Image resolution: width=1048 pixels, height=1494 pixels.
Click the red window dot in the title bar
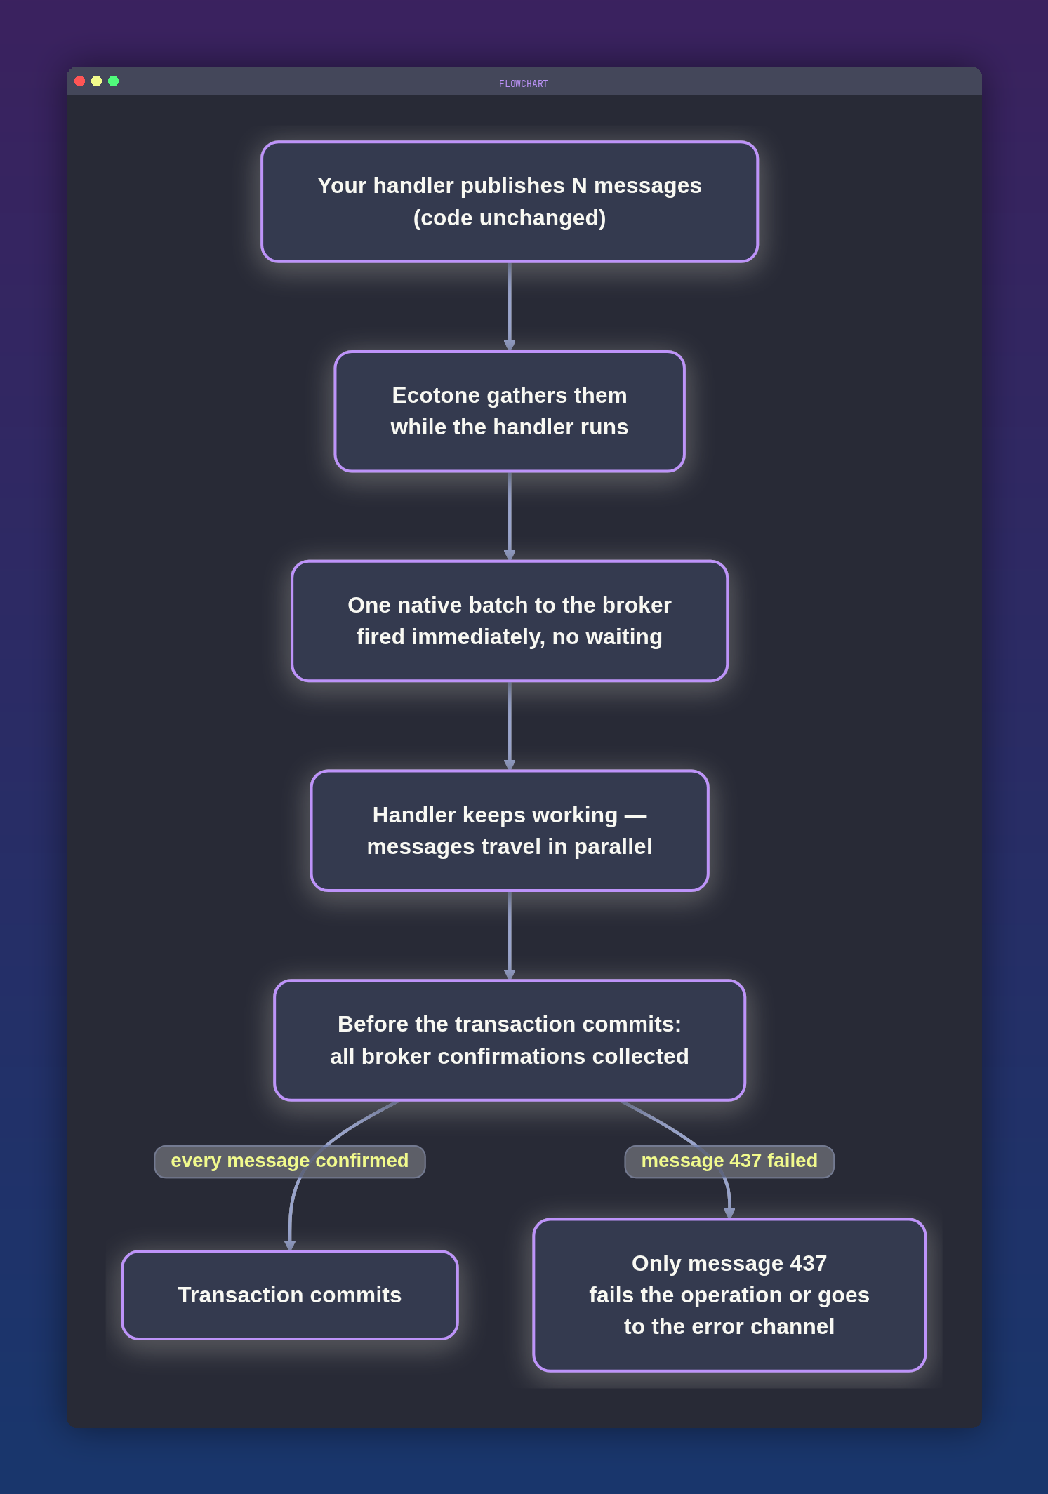(80, 81)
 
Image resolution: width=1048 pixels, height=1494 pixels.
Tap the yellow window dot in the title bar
(97, 81)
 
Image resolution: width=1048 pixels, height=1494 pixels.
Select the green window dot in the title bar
(114, 81)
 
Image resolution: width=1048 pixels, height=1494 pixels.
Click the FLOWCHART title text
(524, 84)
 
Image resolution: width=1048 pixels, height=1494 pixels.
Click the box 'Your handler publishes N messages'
(510, 201)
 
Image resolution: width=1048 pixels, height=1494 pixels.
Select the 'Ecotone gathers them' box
(510, 411)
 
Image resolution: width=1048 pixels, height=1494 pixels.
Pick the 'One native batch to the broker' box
(510, 621)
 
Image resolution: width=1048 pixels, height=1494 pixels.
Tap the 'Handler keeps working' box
(510, 831)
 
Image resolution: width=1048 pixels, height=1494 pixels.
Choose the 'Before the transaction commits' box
(510, 1040)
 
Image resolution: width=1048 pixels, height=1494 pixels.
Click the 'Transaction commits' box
(290, 1295)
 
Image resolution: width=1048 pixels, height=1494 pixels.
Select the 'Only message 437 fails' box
(729, 1295)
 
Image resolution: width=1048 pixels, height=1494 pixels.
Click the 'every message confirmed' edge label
(290, 1161)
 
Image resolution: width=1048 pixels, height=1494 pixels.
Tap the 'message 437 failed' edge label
(729, 1161)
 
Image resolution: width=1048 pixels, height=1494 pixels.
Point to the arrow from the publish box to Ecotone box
(510, 307)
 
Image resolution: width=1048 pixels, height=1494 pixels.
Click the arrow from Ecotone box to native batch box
(510, 516)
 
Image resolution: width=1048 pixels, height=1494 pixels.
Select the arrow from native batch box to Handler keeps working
(510, 726)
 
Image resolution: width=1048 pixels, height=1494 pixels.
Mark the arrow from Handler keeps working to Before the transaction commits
(510, 935)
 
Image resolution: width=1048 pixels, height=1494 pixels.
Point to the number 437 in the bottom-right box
(809, 1263)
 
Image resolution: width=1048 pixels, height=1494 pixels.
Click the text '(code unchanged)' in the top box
(510, 218)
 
